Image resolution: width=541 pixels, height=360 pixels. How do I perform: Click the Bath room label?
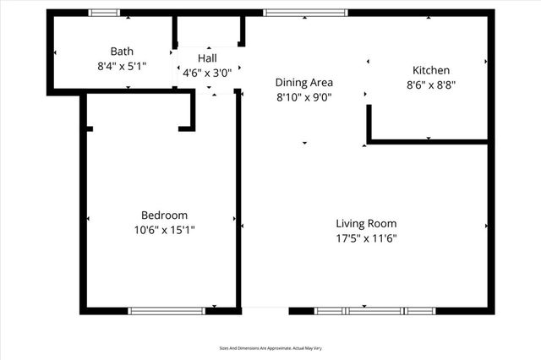(x=122, y=52)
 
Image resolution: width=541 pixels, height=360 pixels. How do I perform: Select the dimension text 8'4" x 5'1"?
(x=122, y=65)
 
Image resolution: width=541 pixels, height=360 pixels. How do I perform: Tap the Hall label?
(x=207, y=58)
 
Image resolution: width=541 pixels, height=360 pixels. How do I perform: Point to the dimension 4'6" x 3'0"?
(x=207, y=73)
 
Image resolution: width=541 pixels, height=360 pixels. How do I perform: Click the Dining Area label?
(x=304, y=83)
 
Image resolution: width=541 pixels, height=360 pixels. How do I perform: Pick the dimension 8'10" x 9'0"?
(x=304, y=97)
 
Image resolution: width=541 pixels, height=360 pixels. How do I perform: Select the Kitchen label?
(x=430, y=70)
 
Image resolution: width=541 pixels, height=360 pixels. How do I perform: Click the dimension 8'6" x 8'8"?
(x=430, y=85)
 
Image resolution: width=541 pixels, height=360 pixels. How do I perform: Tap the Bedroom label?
(x=164, y=215)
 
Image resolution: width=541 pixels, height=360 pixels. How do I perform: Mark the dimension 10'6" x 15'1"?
(x=164, y=230)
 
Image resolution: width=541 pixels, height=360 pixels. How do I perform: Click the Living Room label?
(x=366, y=224)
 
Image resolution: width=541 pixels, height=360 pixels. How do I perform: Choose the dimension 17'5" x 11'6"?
(x=366, y=238)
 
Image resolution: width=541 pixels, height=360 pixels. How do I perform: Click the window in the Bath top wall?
(x=105, y=13)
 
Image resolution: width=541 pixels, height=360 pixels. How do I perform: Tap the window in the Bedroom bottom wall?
(x=167, y=311)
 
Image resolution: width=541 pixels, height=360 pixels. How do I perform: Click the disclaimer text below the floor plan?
(x=270, y=347)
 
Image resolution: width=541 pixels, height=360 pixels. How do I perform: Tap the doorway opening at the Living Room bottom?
(x=265, y=309)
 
